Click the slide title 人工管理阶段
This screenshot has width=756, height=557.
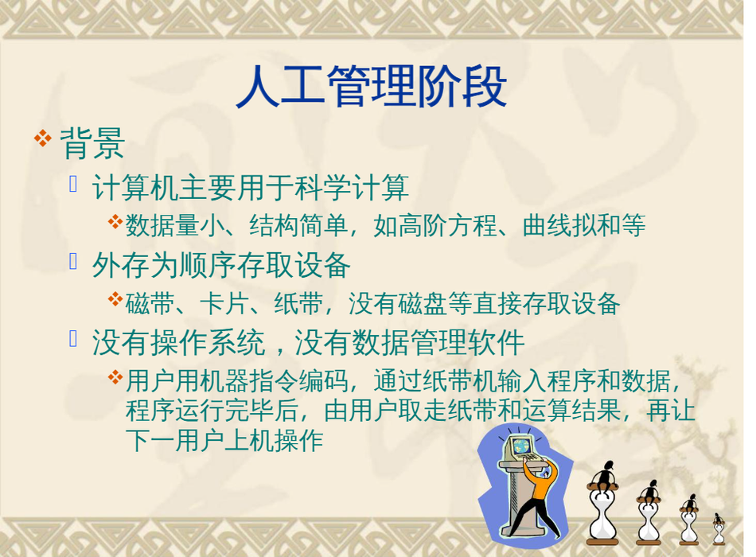click(372, 88)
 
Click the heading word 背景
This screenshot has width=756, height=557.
click(92, 143)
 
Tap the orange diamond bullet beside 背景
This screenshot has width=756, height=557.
click(42, 138)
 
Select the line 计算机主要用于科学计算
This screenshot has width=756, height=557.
click(251, 188)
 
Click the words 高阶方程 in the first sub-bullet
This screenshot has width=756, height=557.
click(447, 225)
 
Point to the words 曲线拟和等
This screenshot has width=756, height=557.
click(584, 225)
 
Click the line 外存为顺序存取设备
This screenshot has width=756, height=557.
click(221, 265)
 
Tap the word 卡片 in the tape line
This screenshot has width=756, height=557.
click(224, 304)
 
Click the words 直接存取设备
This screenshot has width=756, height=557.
click(546, 304)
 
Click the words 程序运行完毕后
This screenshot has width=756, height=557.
click(212, 411)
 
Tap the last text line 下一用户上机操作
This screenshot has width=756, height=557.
click(224, 440)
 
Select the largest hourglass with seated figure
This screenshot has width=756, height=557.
click(602, 503)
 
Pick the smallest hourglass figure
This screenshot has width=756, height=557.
click(719, 529)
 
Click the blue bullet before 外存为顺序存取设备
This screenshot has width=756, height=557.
click(73, 261)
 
